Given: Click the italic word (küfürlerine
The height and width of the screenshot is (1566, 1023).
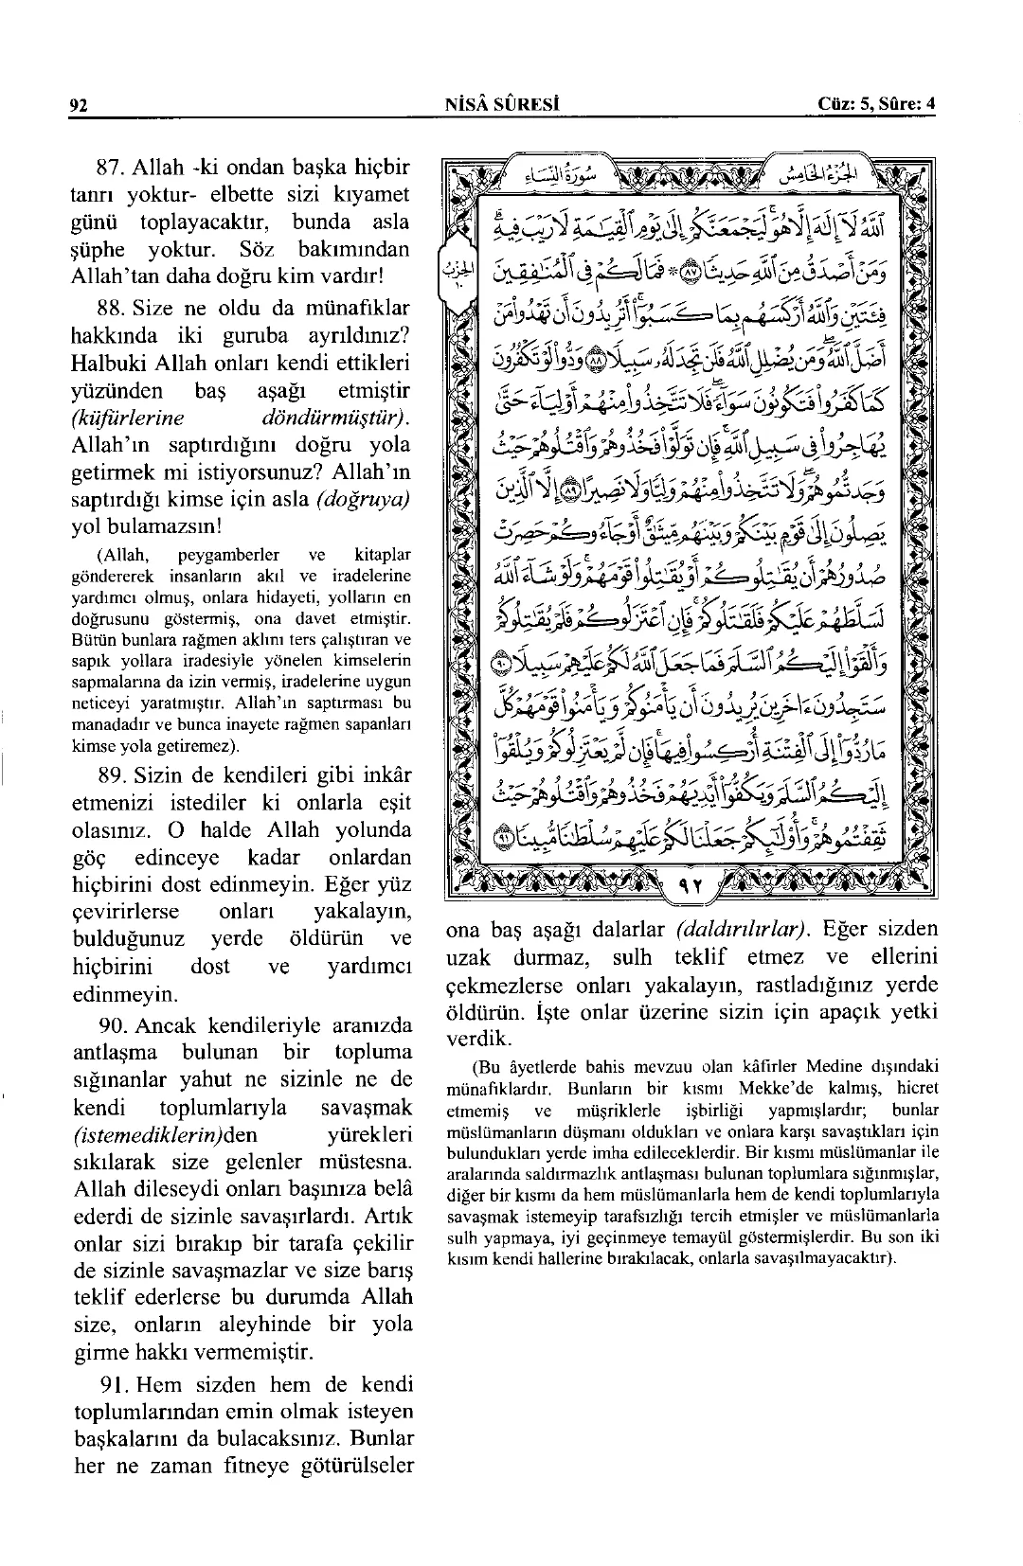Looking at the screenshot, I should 128,418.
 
